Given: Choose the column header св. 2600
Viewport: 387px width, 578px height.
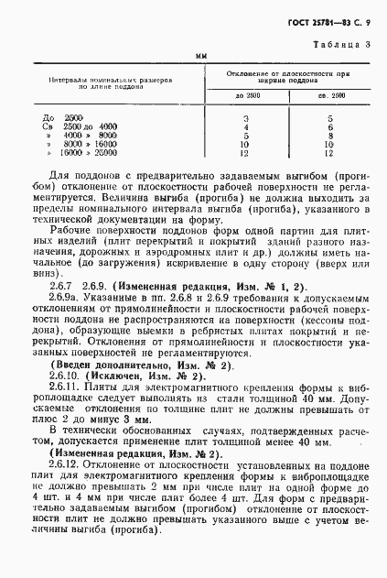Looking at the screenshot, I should (328, 96).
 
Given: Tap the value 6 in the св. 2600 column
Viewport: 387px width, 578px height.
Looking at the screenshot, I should (329, 126).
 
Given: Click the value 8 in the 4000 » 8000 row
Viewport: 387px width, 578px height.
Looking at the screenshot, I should (329, 134).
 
